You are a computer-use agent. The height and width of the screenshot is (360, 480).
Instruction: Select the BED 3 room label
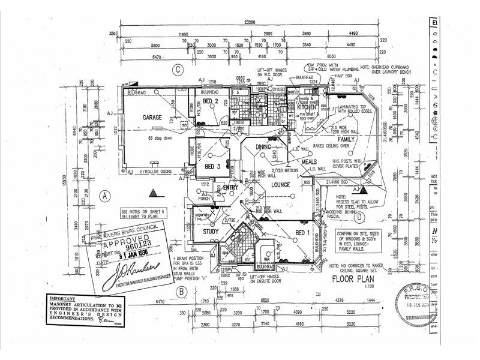tap(214, 166)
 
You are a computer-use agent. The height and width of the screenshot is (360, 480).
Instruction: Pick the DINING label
tap(264, 146)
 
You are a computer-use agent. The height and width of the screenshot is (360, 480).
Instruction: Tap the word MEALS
tap(310, 161)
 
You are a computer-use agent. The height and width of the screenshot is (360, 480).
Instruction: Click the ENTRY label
tap(230, 188)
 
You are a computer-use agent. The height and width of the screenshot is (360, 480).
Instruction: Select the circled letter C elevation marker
tap(178, 70)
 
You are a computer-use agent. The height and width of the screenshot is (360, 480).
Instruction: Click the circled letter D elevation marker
tap(359, 217)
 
